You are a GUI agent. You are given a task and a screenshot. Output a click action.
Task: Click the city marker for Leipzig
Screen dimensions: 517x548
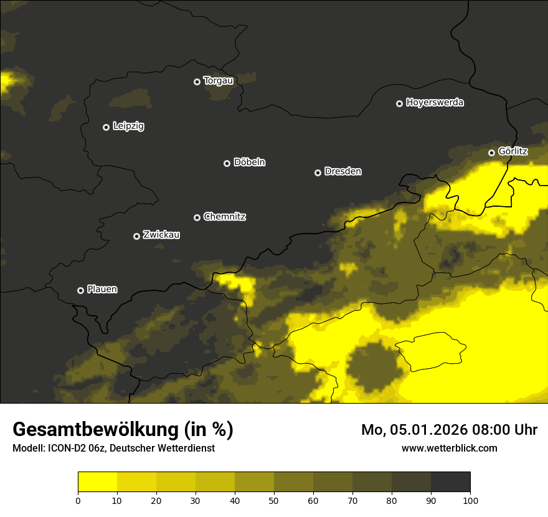coord(106,127)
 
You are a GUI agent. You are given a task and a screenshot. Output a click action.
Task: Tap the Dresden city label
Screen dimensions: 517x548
coord(342,171)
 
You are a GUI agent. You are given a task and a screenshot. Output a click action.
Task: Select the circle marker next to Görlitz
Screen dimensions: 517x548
coord(491,153)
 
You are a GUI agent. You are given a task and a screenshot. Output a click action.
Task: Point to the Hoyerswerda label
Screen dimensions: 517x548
coord(435,103)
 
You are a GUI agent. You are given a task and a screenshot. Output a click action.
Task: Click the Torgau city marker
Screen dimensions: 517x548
coord(197,82)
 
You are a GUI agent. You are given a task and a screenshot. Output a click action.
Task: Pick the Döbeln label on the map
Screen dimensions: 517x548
coord(249,163)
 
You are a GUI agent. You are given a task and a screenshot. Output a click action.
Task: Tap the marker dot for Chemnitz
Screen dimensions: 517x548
coord(197,217)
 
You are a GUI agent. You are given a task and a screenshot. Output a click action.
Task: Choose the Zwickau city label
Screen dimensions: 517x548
coord(161,235)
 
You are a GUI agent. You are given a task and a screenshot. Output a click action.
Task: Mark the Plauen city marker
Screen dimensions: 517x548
coord(80,290)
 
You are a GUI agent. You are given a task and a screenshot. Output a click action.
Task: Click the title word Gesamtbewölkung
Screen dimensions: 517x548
coord(95,430)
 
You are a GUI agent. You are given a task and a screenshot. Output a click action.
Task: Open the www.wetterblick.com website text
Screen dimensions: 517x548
coord(449,448)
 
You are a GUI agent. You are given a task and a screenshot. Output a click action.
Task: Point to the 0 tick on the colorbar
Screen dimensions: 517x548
coord(78,500)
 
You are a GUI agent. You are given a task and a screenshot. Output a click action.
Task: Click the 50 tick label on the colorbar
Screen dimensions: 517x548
coord(274,500)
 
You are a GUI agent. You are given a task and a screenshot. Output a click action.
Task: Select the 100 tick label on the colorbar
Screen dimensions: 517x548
coord(470,500)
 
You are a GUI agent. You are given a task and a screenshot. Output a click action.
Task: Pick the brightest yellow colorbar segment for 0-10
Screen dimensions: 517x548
coord(97,482)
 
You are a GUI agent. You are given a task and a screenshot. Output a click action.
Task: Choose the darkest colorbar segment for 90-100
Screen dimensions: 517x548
coord(450,482)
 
